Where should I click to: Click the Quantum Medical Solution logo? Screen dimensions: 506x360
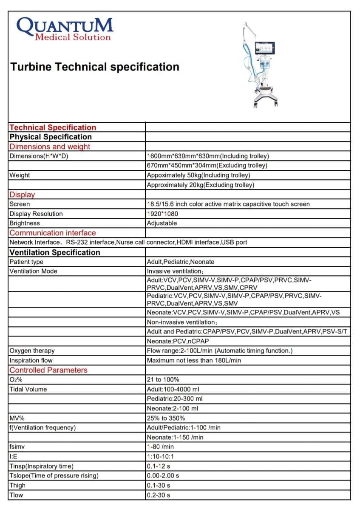(65, 29)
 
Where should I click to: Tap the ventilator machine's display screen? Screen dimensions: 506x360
(265, 50)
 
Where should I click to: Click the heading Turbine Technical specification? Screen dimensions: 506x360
(94, 67)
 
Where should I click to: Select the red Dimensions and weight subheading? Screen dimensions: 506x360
(50, 147)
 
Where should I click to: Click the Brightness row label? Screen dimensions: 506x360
(25, 223)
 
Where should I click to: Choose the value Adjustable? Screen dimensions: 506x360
(162, 223)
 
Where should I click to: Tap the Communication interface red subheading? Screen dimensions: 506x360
(53, 233)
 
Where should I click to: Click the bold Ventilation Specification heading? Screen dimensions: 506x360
(55, 252)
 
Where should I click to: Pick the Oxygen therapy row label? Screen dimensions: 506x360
(32, 351)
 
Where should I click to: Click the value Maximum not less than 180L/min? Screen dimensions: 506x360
(194, 360)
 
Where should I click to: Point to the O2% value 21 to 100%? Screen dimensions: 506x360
(163, 379)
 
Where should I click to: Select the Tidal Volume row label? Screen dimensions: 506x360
(28, 389)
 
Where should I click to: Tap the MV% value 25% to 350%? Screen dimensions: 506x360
(166, 418)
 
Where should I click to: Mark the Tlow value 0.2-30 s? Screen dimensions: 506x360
(159, 495)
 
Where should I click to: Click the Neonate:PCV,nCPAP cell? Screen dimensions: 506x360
(178, 341)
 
